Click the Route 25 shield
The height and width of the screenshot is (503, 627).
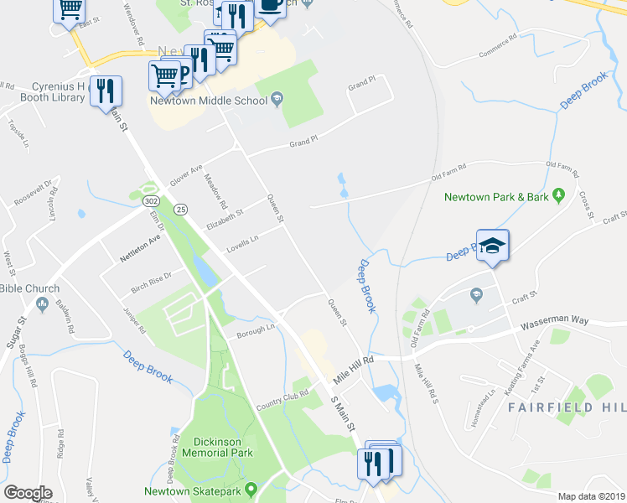tap(179, 208)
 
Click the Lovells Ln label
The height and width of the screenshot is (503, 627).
tap(242, 245)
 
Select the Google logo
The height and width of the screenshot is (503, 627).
tap(28, 493)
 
